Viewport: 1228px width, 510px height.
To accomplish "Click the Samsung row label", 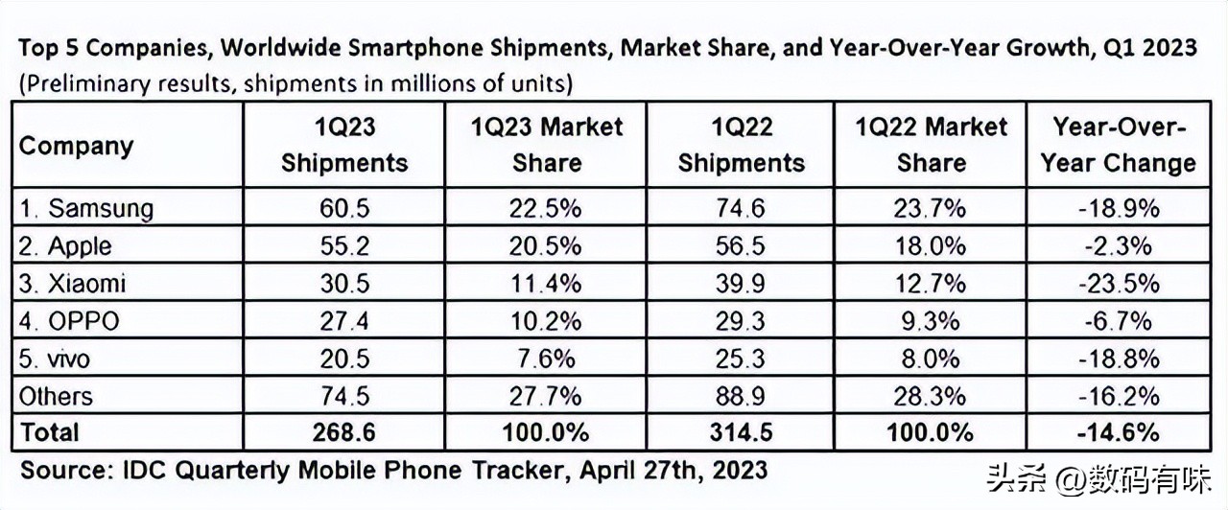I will click(x=86, y=208).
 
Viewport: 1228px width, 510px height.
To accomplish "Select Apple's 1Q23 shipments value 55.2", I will click(x=343, y=245).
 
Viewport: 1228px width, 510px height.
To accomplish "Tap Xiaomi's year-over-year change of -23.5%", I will click(x=1118, y=283).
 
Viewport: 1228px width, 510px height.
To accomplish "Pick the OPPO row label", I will click(x=69, y=321).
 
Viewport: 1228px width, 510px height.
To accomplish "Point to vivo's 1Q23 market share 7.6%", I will click(x=546, y=359).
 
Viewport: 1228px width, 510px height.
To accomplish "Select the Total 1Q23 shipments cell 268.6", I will click(x=343, y=433).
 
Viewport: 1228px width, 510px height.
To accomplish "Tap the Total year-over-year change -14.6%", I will click(x=1118, y=433).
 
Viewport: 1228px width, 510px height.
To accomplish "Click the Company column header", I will click(x=76, y=146).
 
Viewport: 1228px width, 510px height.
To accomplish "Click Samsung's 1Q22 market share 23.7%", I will click(x=931, y=208).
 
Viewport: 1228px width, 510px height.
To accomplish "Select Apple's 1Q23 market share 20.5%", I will click(x=546, y=245).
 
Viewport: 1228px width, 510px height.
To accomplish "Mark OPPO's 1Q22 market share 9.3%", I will click(x=931, y=321).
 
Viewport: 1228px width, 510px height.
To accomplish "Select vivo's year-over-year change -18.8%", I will click(x=1118, y=359).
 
